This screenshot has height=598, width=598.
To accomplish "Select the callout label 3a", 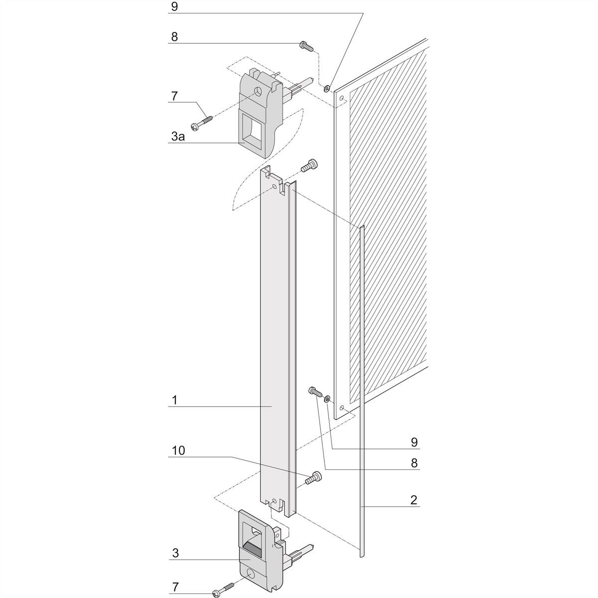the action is pos(178,136).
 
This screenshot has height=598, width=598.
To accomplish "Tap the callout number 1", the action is pos(175,400).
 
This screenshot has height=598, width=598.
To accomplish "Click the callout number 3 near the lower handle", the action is pos(175,553).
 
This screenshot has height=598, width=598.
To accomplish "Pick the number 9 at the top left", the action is pos(174,6).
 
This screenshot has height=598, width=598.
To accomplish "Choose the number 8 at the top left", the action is pos(174,37).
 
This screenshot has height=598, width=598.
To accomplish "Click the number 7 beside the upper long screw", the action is pos(174,96).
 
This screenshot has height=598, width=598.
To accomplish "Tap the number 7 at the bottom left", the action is pos(175,587).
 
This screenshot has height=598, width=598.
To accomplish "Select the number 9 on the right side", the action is pos(414,442).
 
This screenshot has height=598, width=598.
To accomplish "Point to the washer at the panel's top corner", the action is pos(326,88).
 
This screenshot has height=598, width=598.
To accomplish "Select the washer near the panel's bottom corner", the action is pos(326,399).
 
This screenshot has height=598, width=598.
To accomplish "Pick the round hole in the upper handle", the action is pos(258,91).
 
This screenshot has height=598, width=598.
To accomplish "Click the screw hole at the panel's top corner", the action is pos(341,99).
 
